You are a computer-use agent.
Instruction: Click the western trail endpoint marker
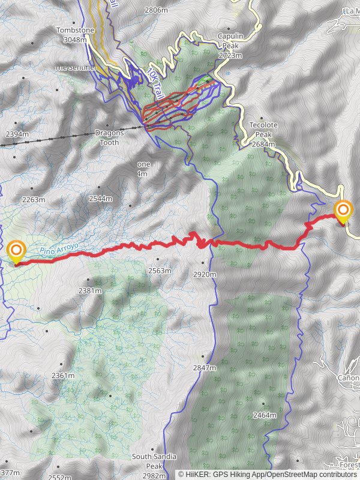[x=16, y=251]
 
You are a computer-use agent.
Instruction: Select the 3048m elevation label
[x=75, y=40]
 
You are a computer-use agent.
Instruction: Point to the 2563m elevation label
[x=160, y=271]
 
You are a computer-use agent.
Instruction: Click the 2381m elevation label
[x=90, y=290]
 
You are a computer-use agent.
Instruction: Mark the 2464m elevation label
[x=265, y=415]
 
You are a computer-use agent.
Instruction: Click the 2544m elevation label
[x=100, y=199]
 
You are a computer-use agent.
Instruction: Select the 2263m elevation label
[x=33, y=200]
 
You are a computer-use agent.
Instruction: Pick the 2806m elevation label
[x=157, y=10]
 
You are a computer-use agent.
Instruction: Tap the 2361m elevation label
[x=63, y=376]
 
